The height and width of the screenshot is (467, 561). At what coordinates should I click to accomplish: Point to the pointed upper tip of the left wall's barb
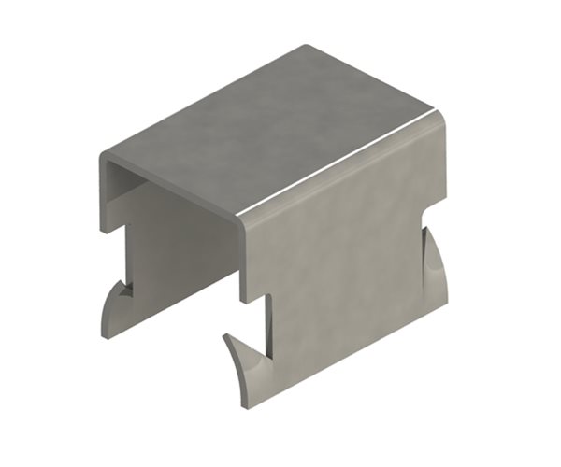pos(123,281)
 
